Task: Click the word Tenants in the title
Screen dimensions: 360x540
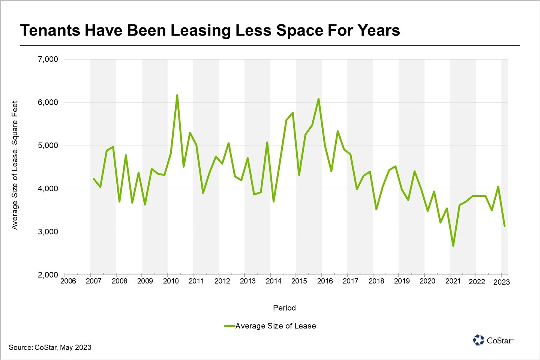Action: (x=50, y=30)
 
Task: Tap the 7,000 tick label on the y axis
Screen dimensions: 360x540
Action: (x=48, y=59)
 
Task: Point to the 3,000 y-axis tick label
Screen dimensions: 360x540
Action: (x=48, y=232)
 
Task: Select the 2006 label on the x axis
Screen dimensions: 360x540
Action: (x=68, y=281)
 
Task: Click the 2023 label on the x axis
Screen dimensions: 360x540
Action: (x=501, y=282)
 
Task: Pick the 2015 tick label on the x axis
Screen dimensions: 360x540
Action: (x=299, y=281)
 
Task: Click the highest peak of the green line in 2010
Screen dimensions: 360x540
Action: (x=177, y=95)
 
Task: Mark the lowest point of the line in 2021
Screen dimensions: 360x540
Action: (x=453, y=246)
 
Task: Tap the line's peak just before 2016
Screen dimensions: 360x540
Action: (x=318, y=99)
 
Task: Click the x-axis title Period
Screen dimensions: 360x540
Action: (x=284, y=308)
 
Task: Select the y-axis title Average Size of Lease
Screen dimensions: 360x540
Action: (x=15, y=165)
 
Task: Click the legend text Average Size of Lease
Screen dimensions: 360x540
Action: (x=276, y=326)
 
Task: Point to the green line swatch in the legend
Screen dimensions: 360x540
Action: (x=229, y=326)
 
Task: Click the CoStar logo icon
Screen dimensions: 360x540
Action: (x=478, y=340)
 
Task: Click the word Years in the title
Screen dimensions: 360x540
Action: (x=378, y=30)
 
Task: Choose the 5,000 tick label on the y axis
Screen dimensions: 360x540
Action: (x=48, y=145)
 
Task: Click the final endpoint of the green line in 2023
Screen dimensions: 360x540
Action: (x=505, y=226)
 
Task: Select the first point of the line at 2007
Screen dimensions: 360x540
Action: (x=93, y=178)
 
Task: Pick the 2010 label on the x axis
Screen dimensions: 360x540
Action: (x=171, y=281)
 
